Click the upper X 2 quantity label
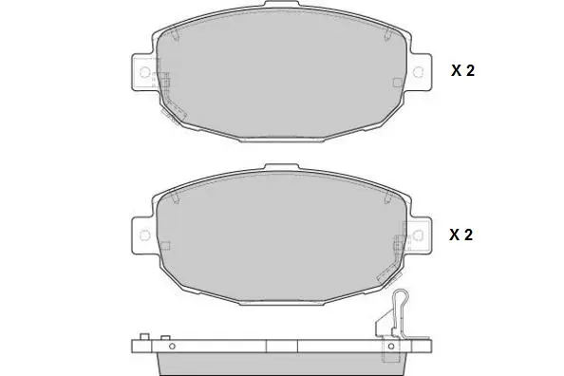462,70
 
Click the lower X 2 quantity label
461,235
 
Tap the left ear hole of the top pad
144,72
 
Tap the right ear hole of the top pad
418,72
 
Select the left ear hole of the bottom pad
144,235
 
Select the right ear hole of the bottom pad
418,235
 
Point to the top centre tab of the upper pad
282,4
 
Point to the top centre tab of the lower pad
282,167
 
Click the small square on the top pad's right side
398,83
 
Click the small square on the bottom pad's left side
165,246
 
